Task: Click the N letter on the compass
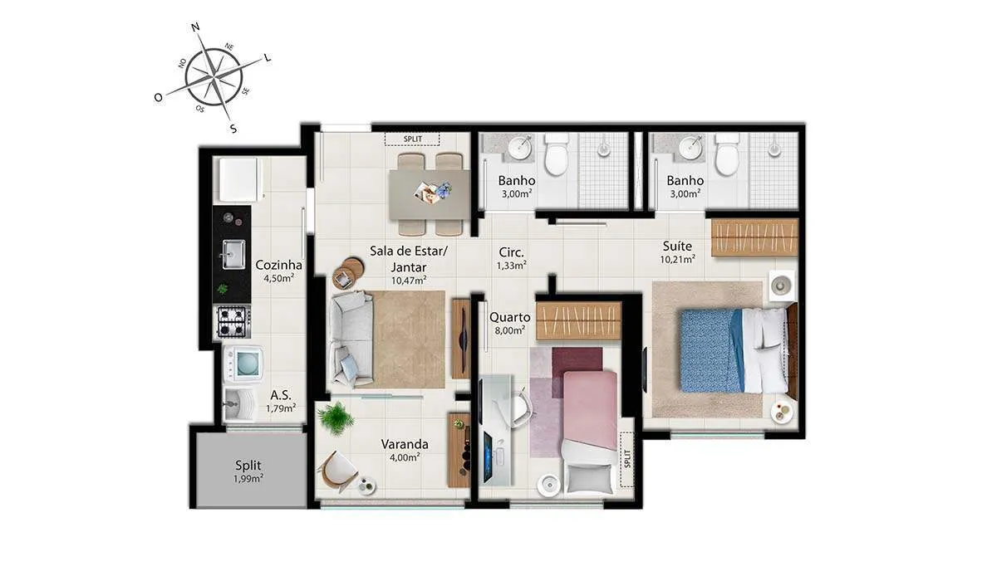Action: coord(195,27)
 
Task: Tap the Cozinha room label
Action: coord(278,265)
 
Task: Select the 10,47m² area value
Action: coord(409,281)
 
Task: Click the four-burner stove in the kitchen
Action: coord(233,321)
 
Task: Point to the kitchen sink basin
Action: coord(233,254)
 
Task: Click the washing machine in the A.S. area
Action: coord(243,364)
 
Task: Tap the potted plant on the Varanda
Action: coord(336,417)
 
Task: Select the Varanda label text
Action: coord(405,444)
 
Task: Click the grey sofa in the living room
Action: coord(351,339)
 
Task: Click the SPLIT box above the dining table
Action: coord(413,139)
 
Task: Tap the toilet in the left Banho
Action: coord(557,155)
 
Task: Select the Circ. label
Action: coord(512,252)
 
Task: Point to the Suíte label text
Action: coord(677,246)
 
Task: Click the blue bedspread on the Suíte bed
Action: coord(710,351)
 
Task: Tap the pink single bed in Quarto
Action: coord(590,432)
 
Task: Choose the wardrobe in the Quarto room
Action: coord(578,321)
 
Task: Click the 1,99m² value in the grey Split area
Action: coord(248,479)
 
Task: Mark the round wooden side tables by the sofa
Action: coord(347,273)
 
